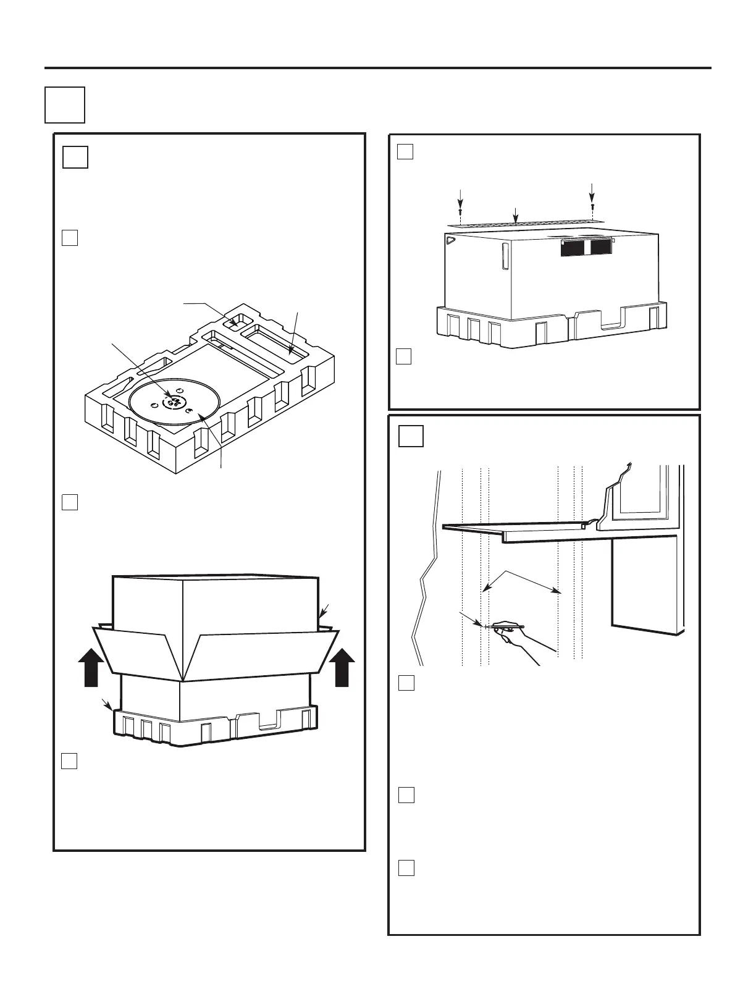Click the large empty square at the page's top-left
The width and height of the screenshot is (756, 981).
[x=65, y=104]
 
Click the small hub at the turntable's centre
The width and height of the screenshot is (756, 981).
[x=174, y=403]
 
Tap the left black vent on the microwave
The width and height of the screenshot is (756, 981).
[x=574, y=247]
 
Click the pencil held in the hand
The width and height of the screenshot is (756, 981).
[x=505, y=626]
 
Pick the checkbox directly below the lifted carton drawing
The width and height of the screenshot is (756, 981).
[x=69, y=760]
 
